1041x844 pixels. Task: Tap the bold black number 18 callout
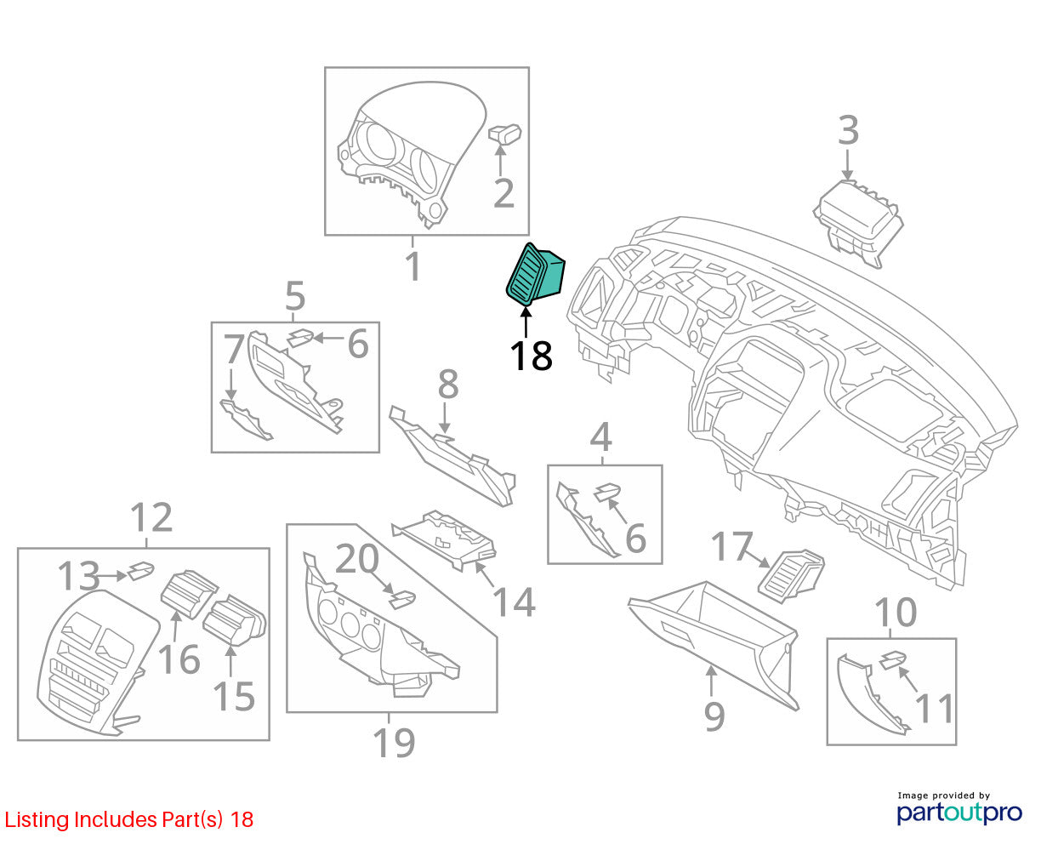[x=532, y=356]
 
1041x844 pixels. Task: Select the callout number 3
[x=848, y=130]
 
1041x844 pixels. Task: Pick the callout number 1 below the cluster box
[x=413, y=266]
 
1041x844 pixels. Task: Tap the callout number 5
[x=295, y=295]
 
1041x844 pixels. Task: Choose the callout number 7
[x=234, y=349]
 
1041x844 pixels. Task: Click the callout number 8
[x=448, y=384]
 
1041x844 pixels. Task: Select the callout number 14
[x=515, y=602]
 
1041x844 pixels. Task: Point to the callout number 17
[x=731, y=545]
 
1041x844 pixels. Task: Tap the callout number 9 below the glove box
[x=714, y=716]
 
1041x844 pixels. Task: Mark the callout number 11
[x=934, y=708]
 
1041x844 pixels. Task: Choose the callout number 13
[x=79, y=575]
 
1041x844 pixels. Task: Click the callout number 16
[x=179, y=659]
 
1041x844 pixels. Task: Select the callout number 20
[x=356, y=559]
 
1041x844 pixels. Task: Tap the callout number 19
[x=394, y=742]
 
